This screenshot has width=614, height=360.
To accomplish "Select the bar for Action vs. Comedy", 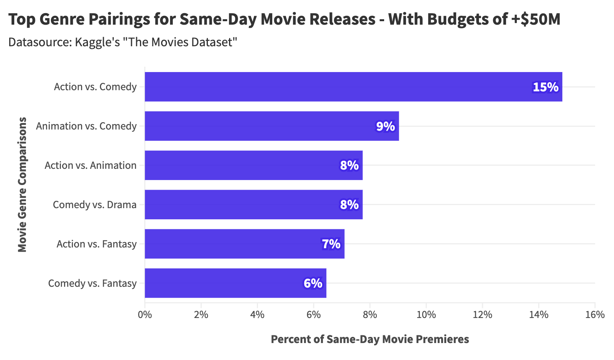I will point(353,87).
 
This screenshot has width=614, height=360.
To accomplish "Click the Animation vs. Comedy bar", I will point(272,126).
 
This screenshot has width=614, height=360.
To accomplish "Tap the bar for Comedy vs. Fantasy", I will point(235,283).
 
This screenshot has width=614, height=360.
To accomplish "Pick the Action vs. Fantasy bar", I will point(244,244).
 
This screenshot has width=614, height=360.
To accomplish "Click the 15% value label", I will point(545,87).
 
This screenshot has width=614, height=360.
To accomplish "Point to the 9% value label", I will point(385,126).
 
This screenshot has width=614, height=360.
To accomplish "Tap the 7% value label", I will point(331,244).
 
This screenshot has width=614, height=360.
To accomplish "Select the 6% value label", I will point(313,283).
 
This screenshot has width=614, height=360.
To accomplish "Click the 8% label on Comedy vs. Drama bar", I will point(349,205).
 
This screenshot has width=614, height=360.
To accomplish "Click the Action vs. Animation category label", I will point(91,165).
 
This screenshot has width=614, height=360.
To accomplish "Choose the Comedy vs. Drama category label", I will point(94,205).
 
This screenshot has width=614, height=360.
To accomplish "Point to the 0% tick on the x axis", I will point(145,315).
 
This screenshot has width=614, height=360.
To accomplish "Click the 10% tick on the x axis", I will point(426,315).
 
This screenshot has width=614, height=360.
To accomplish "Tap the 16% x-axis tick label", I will point(595,315).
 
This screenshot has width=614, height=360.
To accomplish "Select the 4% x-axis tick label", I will point(257,315).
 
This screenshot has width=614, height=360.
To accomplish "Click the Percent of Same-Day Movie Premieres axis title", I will point(370,339).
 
